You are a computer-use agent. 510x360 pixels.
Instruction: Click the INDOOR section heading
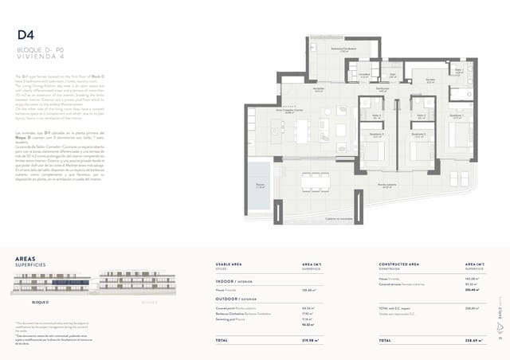pos(233,280)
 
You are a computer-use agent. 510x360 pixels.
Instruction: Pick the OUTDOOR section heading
pos(236,299)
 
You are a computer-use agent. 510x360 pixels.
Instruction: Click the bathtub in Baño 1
pos(461,95)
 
